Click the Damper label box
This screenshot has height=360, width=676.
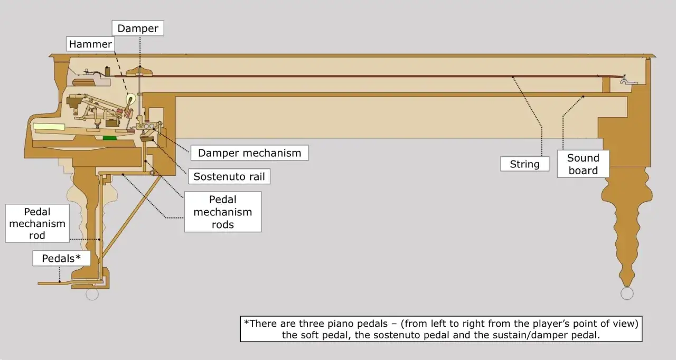pyautogui.click(x=138, y=29)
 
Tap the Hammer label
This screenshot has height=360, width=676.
pyautogui.click(x=90, y=44)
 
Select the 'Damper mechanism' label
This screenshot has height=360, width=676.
pyautogui.click(x=250, y=153)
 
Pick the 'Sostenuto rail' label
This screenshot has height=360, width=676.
pyautogui.click(x=229, y=176)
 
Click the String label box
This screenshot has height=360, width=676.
pyautogui.click(x=524, y=164)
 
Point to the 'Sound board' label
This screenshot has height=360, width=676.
pyautogui.click(x=583, y=164)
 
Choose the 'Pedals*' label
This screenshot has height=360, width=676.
pyautogui.click(x=61, y=259)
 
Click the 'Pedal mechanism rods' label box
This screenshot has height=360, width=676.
pyautogui.click(x=223, y=212)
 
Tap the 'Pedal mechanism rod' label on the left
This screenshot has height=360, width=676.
pyautogui.click(x=37, y=223)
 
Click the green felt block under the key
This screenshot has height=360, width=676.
pyautogui.click(x=109, y=138)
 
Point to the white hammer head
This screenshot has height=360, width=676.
pyautogui.click(x=131, y=99)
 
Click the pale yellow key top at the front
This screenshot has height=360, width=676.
pyautogui.click(x=49, y=127)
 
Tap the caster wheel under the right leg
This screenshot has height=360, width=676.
pyautogui.click(x=627, y=293)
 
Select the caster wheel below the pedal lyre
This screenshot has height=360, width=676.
pyautogui.click(x=92, y=294)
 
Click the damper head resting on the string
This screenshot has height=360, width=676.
pyautogui.click(x=139, y=71)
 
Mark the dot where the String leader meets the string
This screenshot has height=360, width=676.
pyautogui.click(x=513, y=77)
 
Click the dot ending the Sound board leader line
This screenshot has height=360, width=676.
pyautogui.click(x=583, y=97)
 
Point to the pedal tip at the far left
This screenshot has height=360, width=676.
pyautogui.click(x=39, y=283)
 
